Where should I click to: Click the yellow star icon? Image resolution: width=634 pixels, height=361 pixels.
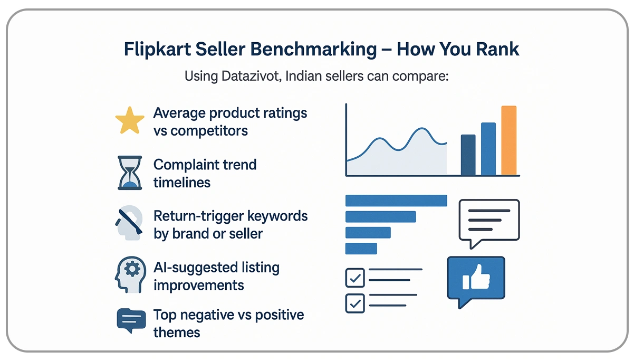click(x=130, y=121)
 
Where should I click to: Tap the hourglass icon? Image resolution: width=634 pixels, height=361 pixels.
click(x=130, y=173)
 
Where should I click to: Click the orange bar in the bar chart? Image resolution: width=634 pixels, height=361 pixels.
click(x=508, y=140)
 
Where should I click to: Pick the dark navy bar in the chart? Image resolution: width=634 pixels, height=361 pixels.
click(x=468, y=155)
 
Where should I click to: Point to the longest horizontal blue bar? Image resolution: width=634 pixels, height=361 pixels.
click(x=396, y=201)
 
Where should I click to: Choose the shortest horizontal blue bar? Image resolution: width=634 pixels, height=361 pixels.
click(x=361, y=249)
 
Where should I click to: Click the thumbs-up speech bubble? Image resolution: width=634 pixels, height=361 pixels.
click(x=476, y=280)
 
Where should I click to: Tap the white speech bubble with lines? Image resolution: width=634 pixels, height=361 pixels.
click(x=489, y=221)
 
